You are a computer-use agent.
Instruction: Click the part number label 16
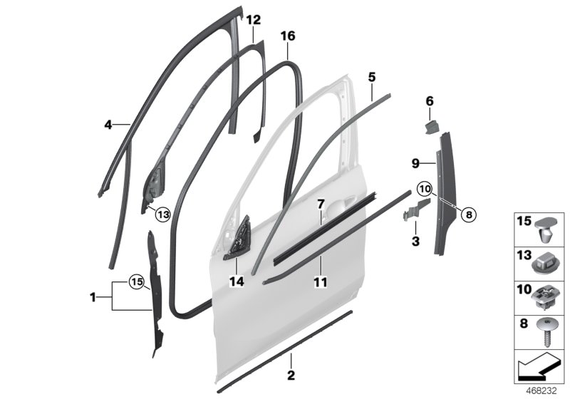point(287,35)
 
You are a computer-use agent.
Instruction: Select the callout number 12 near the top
point(254,20)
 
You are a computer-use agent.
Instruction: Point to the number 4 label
point(108,125)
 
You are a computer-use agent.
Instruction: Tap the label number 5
point(371,76)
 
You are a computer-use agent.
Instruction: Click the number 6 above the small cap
point(430,102)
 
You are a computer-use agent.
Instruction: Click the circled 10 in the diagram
point(425,189)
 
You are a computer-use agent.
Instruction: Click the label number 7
point(321,204)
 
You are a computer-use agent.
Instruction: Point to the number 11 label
point(320,282)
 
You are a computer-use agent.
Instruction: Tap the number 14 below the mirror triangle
point(237,282)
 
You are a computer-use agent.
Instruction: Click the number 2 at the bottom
point(291,374)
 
